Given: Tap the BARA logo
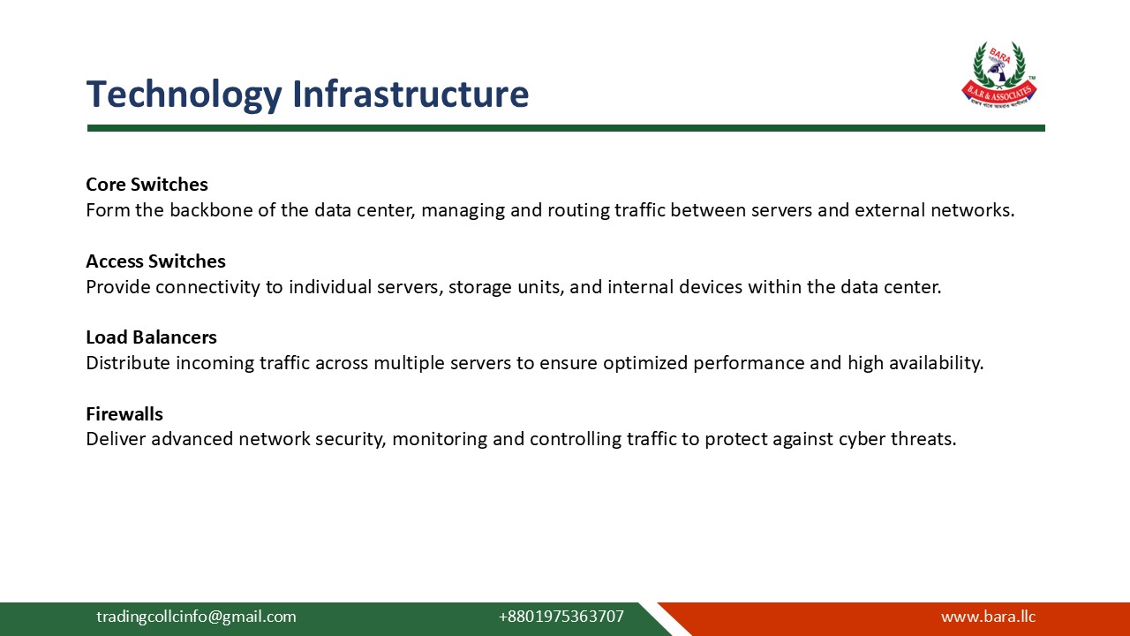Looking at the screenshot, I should tap(998, 75).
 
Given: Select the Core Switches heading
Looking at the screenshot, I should tap(147, 185).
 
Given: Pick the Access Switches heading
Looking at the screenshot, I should tap(155, 261).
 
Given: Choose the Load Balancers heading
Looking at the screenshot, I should tap(151, 337).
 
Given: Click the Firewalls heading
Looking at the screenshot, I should tap(124, 414).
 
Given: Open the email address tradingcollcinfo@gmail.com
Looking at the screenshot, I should tap(196, 617).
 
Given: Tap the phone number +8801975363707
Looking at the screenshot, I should tap(561, 617).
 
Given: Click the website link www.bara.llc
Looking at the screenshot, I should tap(988, 617).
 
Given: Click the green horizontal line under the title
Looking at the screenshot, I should tap(565, 128).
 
